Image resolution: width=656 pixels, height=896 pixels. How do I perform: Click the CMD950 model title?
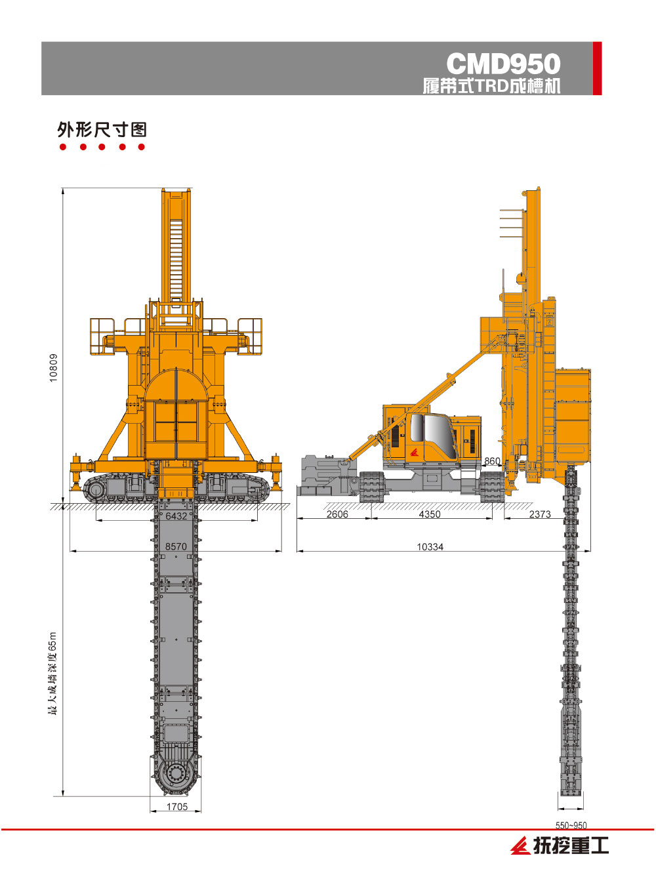click(503, 64)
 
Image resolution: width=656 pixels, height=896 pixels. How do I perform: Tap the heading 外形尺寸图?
click(102, 130)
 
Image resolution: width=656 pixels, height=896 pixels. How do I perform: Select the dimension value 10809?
click(54, 367)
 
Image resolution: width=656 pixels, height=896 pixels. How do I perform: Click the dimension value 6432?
click(176, 516)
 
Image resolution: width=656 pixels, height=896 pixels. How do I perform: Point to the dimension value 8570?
click(176, 546)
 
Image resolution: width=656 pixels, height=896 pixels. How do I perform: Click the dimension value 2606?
click(337, 514)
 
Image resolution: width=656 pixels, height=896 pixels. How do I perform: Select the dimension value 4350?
click(430, 514)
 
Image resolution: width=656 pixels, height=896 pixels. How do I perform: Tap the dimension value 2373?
click(540, 514)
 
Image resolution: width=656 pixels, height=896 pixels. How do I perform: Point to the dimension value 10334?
click(430, 547)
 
